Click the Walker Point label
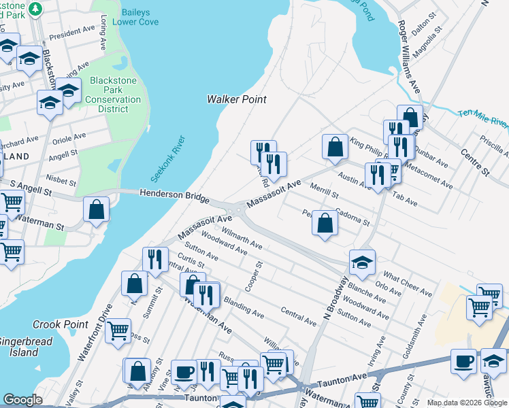pos(236,99)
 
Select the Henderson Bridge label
pos(174,196)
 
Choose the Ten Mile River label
pos(482,118)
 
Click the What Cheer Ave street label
pos(408,284)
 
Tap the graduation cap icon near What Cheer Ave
pos(362,262)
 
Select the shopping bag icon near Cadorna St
pos(325,223)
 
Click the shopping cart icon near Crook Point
pos(118,331)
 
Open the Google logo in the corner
pos(22,400)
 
